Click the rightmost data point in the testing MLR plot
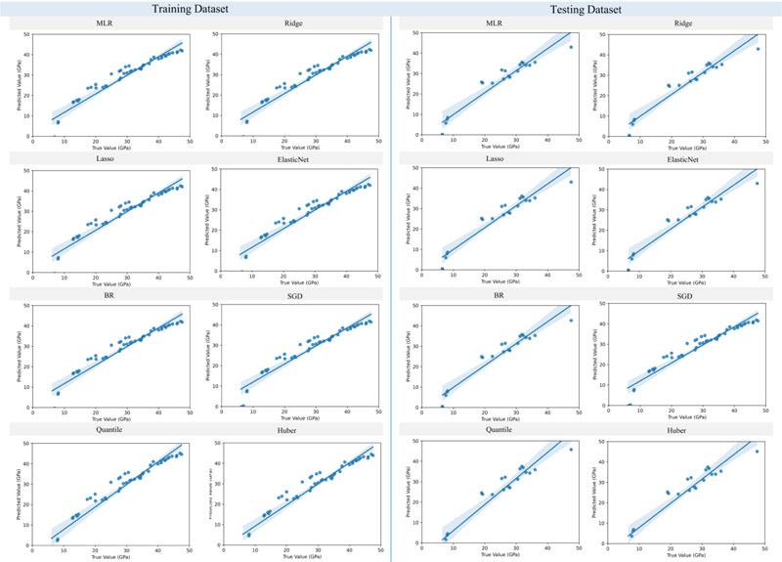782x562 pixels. (571, 46)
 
